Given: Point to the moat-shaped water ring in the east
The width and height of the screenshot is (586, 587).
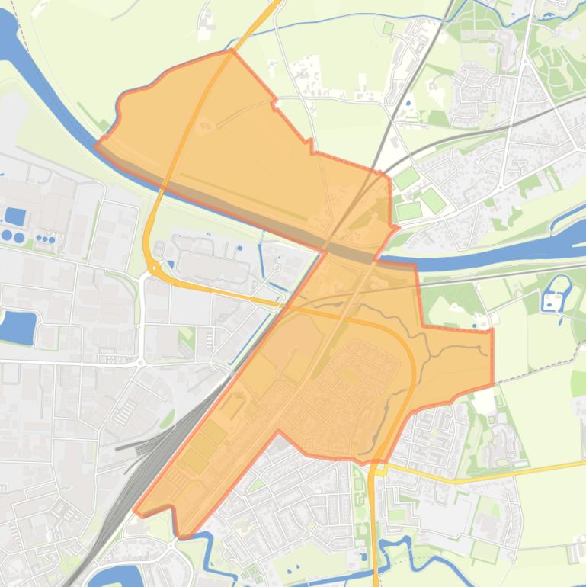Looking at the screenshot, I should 556,293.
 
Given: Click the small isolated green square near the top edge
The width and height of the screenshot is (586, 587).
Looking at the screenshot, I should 389,28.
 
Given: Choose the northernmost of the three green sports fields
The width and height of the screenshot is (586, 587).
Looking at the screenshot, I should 406,178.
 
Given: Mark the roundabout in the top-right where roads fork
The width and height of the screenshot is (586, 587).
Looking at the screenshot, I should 525,61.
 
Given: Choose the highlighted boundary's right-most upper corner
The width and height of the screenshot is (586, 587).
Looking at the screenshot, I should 492,329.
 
